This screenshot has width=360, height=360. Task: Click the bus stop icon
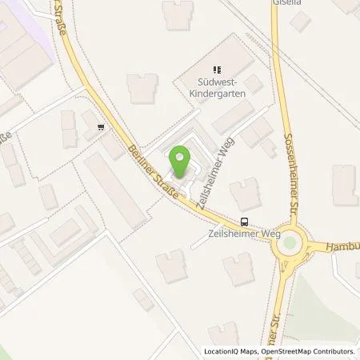click(244, 222)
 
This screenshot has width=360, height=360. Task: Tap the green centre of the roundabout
click(290, 245)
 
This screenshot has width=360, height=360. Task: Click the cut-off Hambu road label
click(344, 247)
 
